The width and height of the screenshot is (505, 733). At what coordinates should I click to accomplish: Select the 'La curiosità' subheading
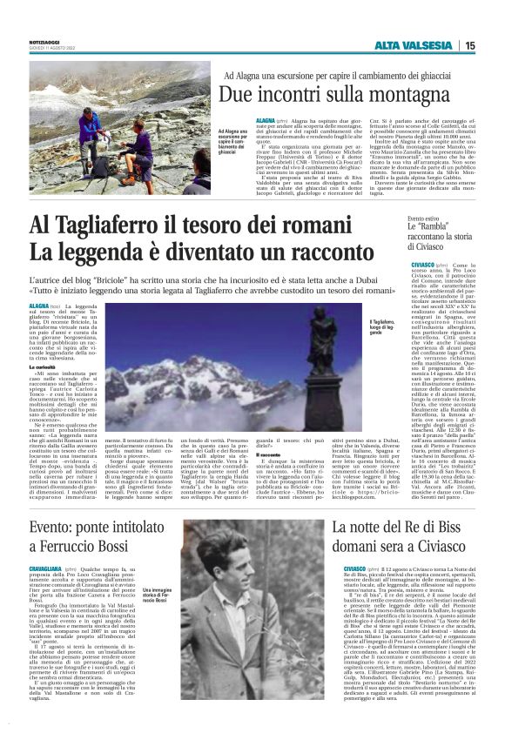[44, 367]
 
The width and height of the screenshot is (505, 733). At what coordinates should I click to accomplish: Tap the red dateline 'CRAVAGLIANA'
[46, 568]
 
